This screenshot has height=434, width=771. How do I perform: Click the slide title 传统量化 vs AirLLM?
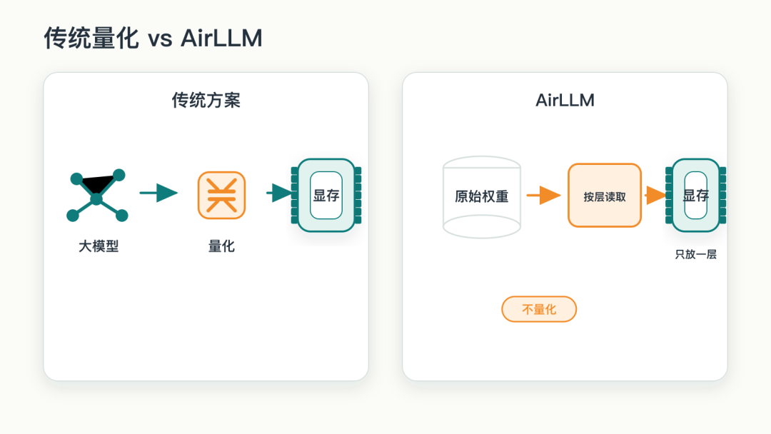pos(153,38)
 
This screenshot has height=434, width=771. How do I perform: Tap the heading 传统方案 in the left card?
pos(206,100)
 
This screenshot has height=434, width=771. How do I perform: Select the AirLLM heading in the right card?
pos(565,100)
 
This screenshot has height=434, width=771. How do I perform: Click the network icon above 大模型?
pos(97,196)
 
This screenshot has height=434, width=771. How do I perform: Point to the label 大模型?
pos(99,246)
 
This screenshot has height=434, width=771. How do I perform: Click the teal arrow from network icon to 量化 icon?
pos(158,193)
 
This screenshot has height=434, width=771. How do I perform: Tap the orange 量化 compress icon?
pos(222,195)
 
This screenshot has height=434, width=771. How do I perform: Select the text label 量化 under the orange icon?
pos(222,246)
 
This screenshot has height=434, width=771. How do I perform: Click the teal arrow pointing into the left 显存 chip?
pos(279,193)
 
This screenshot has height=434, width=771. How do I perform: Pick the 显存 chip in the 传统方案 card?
pos(326,195)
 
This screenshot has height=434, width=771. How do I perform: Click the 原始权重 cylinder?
pos(482,197)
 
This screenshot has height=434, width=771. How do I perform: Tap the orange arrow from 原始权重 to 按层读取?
pos(543,195)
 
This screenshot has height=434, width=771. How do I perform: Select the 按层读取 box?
pos(605,195)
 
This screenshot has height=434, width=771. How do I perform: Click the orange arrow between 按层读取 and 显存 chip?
pos(655,195)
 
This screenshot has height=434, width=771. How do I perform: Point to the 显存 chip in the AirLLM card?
pos(696,195)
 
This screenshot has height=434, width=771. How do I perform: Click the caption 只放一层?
pos(696,255)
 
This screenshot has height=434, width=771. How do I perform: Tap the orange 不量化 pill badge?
pos(539,309)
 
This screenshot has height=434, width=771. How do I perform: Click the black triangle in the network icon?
pos(97,184)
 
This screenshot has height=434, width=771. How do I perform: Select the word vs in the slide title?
pos(161,39)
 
